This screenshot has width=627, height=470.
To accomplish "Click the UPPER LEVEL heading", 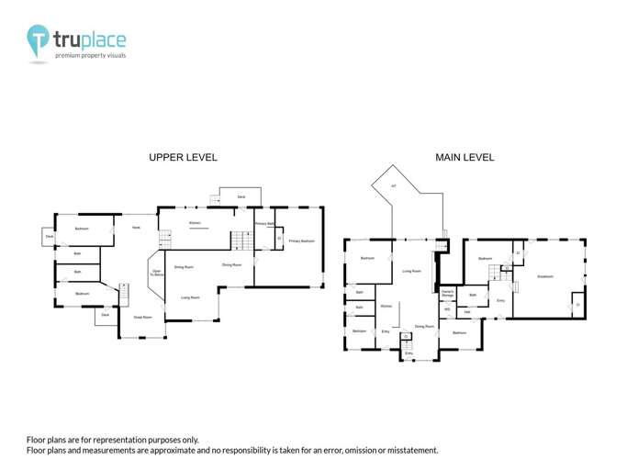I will click(183, 157).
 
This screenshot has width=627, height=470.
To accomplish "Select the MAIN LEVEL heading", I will click(465, 157).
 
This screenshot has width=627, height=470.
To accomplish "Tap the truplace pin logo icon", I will click(38, 41).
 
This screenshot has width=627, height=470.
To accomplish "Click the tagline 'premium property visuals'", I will click(90, 55).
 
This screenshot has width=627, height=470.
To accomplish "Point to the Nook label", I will click(136, 227).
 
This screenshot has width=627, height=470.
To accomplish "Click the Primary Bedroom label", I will click(301, 241).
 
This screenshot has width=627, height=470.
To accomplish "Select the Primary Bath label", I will click(264, 223).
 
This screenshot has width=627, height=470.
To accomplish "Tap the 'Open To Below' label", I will click(157, 273).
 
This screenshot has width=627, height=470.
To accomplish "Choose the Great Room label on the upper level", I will click(142, 317).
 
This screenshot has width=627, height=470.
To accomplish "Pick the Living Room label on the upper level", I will click(190, 297).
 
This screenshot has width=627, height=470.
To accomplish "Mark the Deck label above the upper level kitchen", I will click(241, 196).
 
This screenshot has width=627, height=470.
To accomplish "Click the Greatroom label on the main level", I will click(545, 276).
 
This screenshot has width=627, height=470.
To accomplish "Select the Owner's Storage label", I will click(448, 293).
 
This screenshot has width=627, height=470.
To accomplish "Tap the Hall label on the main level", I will click(467, 312).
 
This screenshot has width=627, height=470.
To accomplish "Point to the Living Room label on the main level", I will click(411, 271).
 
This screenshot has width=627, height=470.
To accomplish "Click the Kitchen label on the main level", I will click(386, 306).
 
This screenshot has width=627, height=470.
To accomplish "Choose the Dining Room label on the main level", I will click(424, 326).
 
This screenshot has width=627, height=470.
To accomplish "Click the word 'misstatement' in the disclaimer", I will click(410, 450).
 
